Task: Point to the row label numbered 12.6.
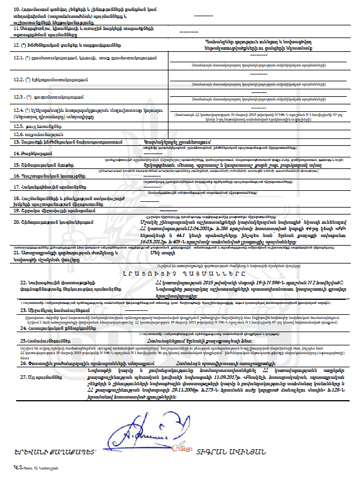pos(18,133)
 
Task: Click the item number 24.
pos(17,328)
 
